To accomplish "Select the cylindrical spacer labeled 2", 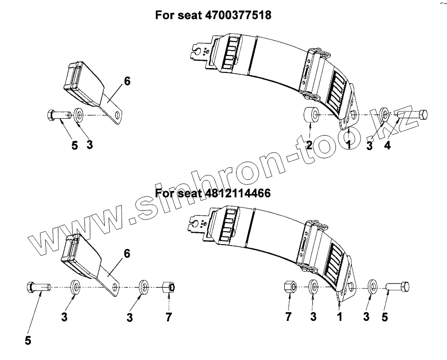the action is point(310,115).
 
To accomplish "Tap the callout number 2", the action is point(309,144).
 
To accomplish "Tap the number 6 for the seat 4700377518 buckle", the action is point(127,81).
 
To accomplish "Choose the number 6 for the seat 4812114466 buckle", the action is point(127,253).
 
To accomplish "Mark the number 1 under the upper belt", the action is point(349,144).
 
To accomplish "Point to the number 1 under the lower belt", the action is point(339,317).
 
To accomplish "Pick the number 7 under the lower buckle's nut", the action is point(168,317).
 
